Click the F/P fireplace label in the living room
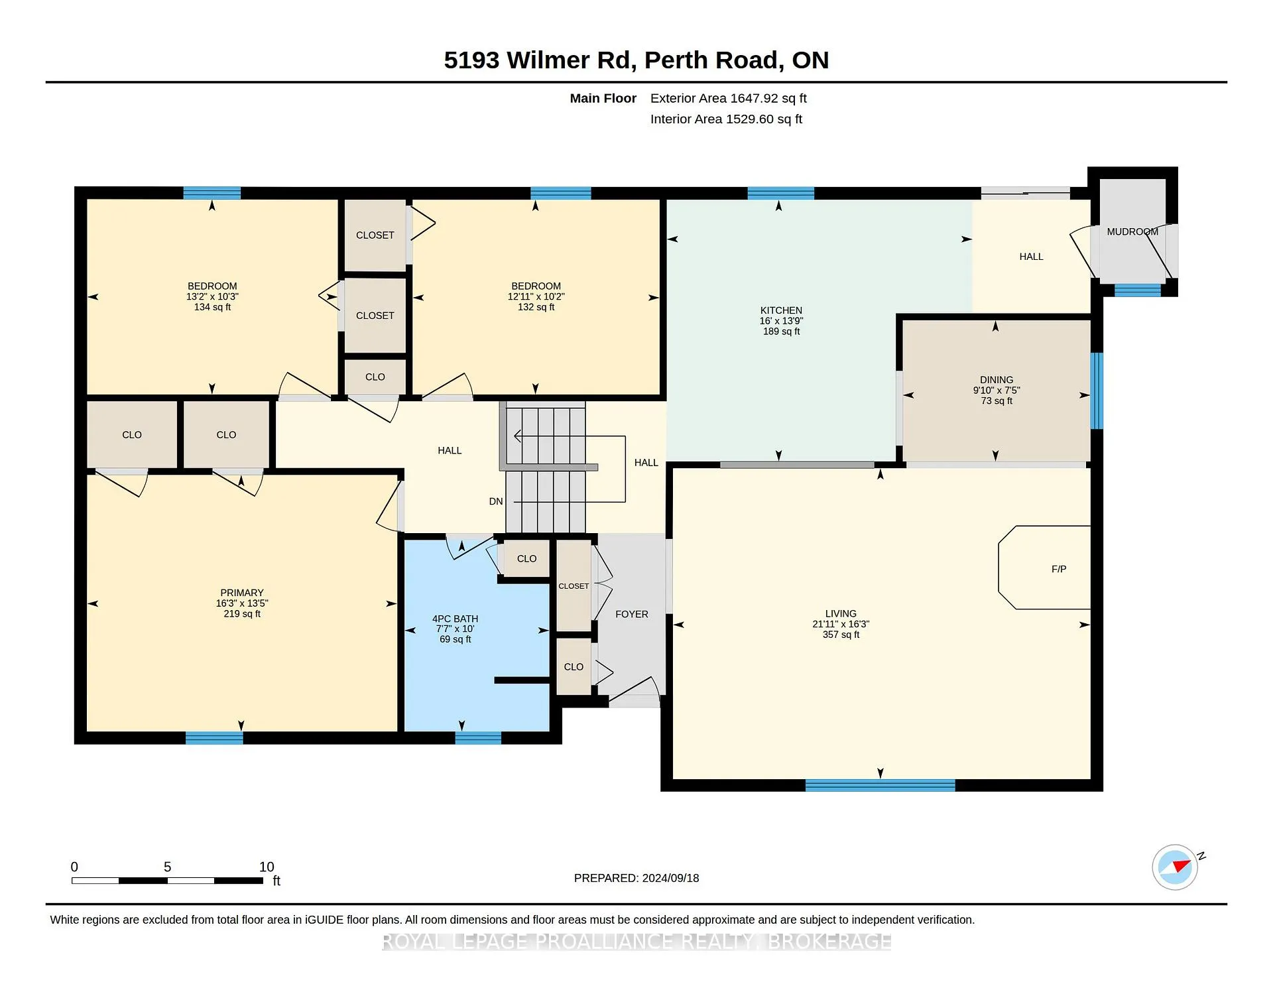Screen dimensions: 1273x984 click(1059, 569)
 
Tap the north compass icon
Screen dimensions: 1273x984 click(1175, 867)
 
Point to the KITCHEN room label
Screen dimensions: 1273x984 click(781, 310)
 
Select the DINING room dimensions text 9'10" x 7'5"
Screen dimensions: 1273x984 click(997, 391)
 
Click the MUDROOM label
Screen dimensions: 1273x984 click(1132, 231)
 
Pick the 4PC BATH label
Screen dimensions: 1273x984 click(455, 619)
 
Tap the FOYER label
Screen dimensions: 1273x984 click(632, 614)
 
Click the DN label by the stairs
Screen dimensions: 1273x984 click(496, 501)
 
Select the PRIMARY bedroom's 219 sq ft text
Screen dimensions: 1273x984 click(242, 614)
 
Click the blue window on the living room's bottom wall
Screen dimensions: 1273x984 click(880, 786)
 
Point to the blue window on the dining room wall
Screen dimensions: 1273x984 click(1097, 391)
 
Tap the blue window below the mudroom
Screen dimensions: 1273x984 click(1137, 290)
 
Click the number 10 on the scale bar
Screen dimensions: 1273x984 click(267, 867)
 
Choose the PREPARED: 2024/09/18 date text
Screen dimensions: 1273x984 click(636, 878)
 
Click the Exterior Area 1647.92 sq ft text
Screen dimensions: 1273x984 click(729, 98)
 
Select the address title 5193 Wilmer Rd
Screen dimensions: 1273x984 click(537, 60)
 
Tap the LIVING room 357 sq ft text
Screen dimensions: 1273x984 click(841, 635)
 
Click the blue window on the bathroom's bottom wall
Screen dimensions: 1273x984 click(478, 738)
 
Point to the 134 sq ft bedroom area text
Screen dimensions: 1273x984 click(212, 307)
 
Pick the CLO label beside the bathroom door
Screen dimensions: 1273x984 click(527, 558)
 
